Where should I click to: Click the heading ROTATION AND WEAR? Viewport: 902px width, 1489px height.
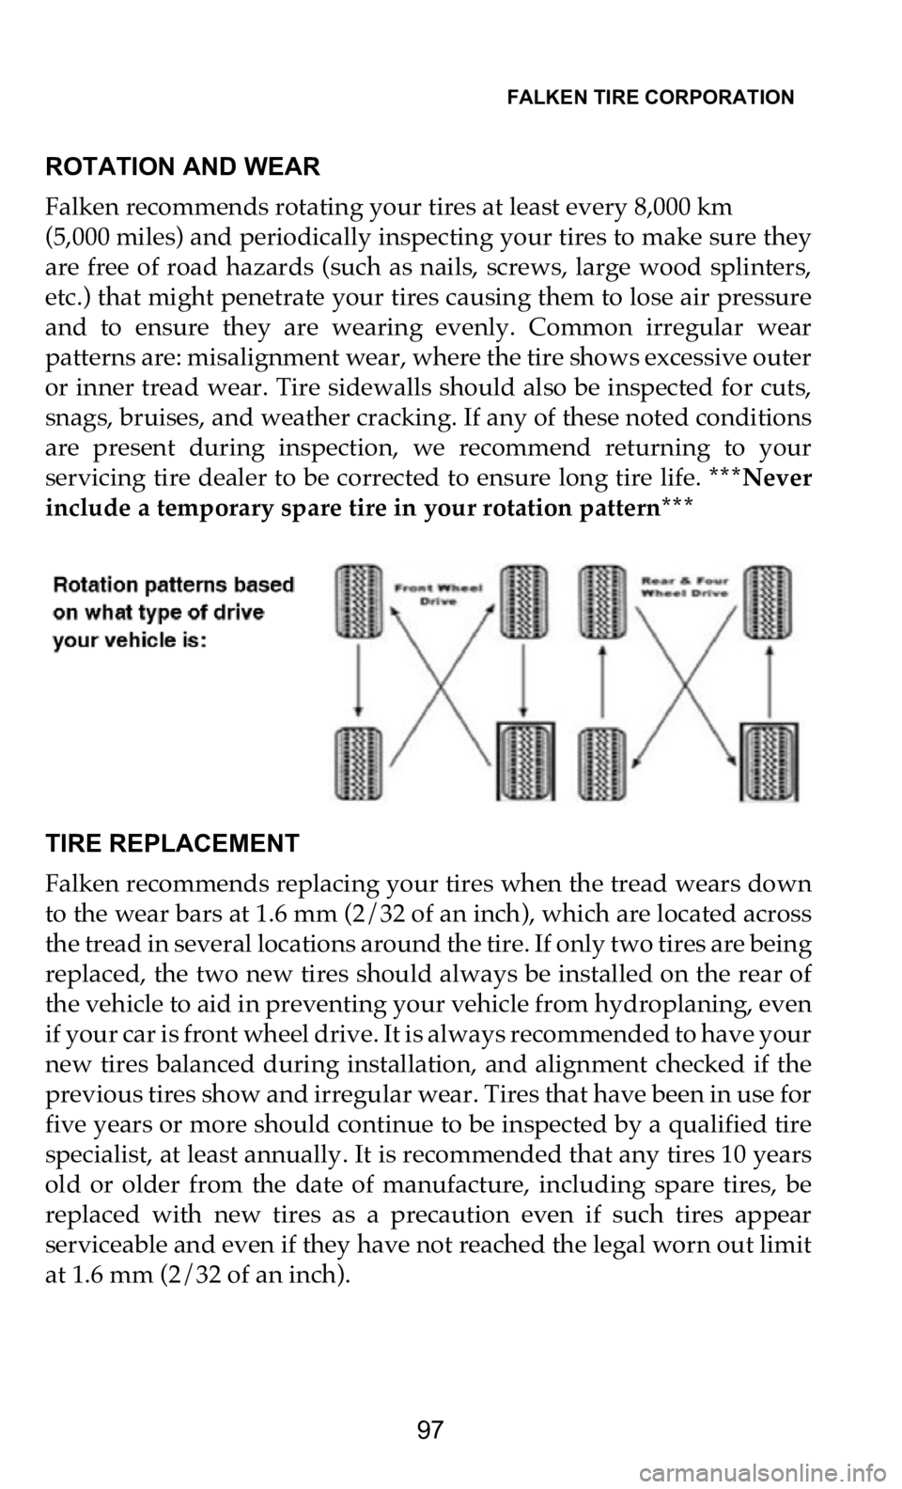(x=182, y=166)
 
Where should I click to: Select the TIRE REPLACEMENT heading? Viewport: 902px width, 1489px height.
(x=173, y=843)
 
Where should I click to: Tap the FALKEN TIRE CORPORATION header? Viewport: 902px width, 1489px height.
(x=650, y=98)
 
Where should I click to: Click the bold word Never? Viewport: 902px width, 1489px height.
(x=777, y=478)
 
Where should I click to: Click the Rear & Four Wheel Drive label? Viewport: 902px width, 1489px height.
(x=684, y=587)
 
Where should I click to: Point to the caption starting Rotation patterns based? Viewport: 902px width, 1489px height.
(x=174, y=613)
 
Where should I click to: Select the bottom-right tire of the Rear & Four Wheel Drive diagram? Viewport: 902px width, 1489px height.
(x=770, y=763)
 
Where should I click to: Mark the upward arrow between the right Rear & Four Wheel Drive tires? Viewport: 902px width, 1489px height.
(x=770, y=682)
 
